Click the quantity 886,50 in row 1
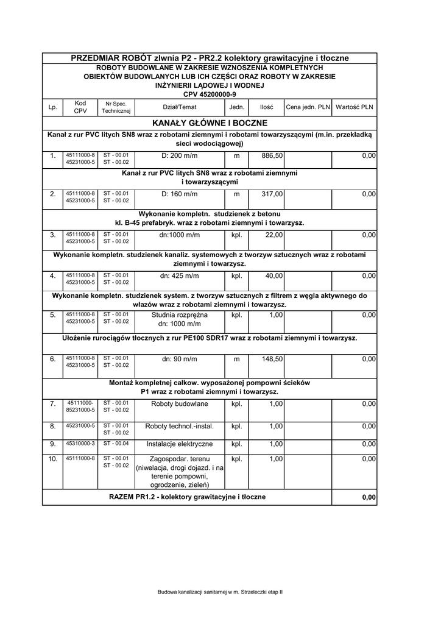point(272,156)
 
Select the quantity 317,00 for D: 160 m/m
point(272,194)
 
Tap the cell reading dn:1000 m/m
point(180,235)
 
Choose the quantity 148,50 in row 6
point(272,360)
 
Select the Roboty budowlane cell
point(180,403)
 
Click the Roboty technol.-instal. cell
point(180,426)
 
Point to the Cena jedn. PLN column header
point(308,107)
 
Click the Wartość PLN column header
point(355,107)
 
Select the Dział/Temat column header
point(180,107)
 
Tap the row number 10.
point(52,458)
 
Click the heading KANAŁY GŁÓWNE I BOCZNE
point(210,123)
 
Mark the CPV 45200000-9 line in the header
point(210,94)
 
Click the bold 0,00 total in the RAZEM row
point(369,498)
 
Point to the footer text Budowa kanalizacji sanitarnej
point(220,592)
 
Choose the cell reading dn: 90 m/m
point(180,360)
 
